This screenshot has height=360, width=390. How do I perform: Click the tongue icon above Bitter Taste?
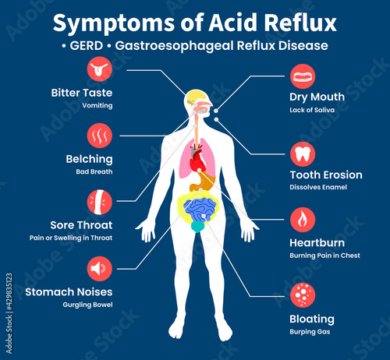point(100,69)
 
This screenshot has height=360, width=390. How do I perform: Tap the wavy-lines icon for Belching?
point(100,136)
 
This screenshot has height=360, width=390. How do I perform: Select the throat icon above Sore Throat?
point(100,202)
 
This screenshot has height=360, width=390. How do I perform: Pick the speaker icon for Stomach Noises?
point(100,269)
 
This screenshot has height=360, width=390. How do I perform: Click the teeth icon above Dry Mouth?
point(303,76)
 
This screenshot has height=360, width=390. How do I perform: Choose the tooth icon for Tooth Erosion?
point(303,154)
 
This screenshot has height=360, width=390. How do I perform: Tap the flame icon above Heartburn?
point(303,220)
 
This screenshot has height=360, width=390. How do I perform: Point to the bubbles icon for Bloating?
point(303,295)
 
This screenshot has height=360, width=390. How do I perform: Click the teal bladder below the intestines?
point(198,227)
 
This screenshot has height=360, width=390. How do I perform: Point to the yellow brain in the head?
point(196,97)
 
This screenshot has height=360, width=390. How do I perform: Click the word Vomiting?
point(97,106)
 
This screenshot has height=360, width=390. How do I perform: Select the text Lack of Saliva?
point(312,110)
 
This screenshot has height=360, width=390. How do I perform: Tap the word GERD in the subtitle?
point(87,46)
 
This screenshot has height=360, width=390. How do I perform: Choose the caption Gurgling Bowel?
point(87,305)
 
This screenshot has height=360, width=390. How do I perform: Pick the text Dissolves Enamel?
point(318,187)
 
